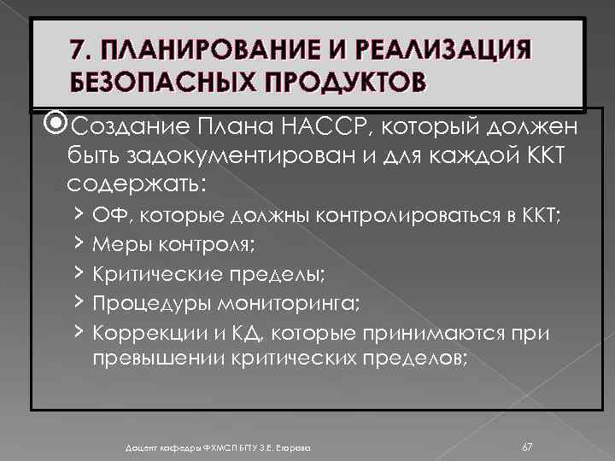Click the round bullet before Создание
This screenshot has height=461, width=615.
pyautogui.click(x=56, y=127)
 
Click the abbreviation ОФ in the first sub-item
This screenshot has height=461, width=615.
pyautogui.click(x=108, y=217)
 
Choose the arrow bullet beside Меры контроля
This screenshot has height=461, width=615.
pyautogui.click(x=78, y=246)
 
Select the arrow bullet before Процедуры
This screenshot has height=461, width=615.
pyautogui.click(x=78, y=302)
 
